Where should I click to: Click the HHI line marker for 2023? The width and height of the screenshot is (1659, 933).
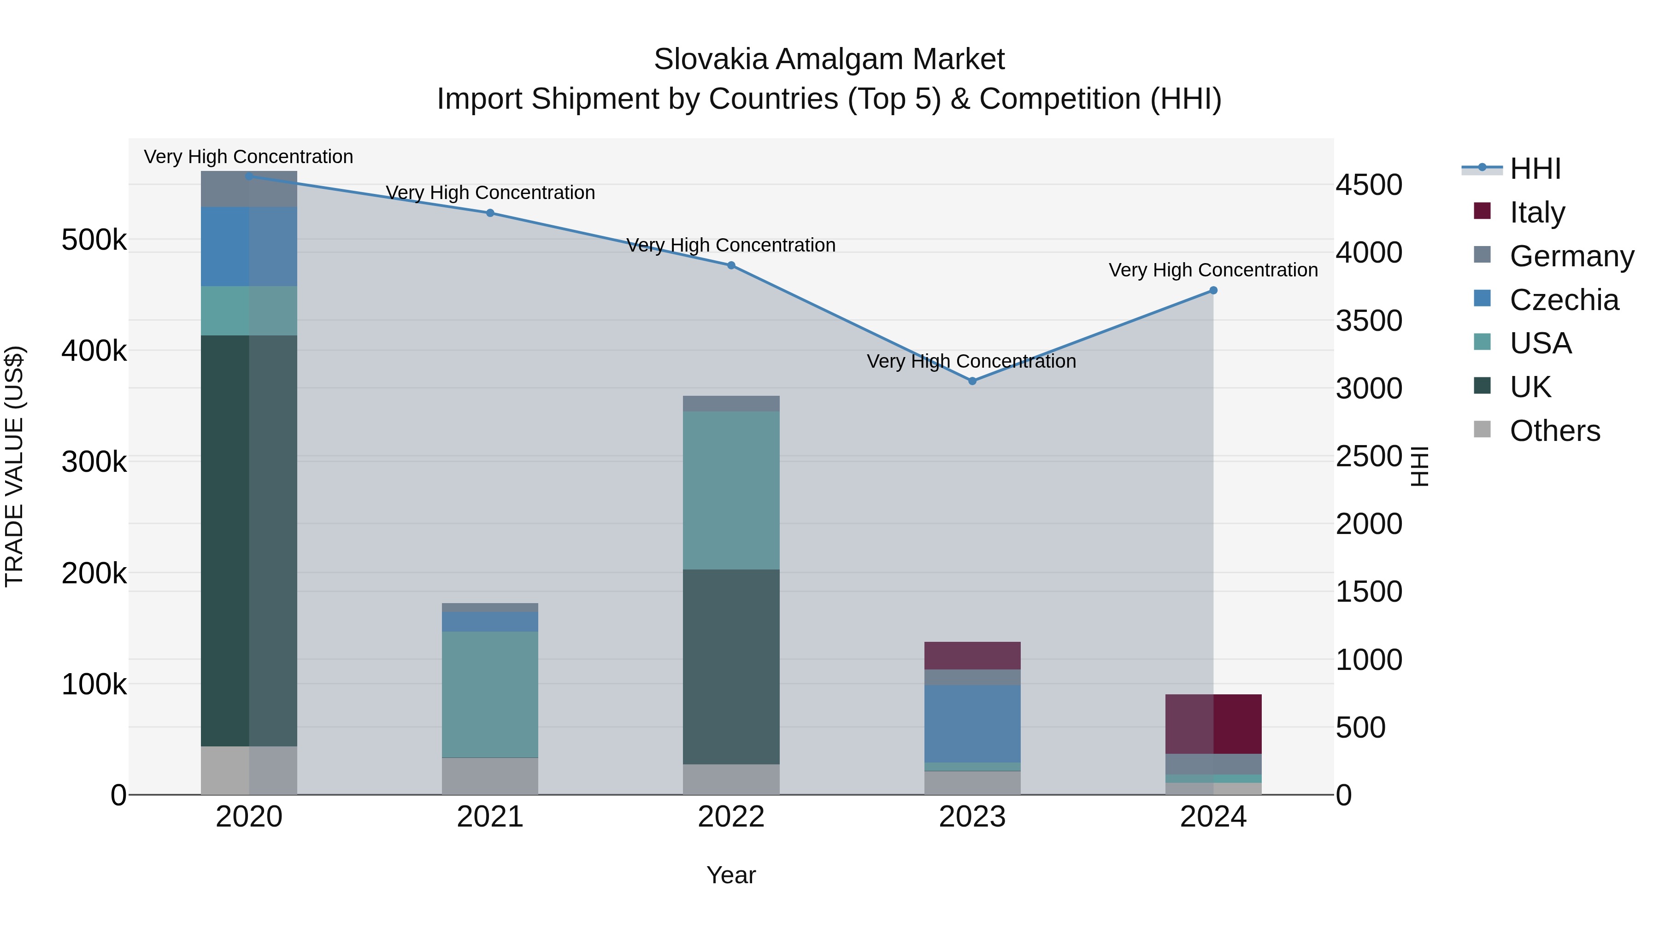pyautogui.click(x=972, y=381)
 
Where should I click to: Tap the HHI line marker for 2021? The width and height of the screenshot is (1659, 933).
pyautogui.click(x=490, y=213)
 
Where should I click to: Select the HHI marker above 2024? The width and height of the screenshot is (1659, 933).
pyautogui.click(x=1213, y=290)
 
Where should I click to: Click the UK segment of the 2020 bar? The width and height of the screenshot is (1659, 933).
pyautogui.click(x=249, y=541)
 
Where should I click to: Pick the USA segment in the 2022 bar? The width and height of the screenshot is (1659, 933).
pyautogui.click(x=731, y=490)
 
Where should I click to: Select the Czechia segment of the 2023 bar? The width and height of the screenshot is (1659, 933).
pyautogui.click(x=972, y=724)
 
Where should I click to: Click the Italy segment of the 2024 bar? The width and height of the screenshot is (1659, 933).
pyautogui.click(x=1213, y=724)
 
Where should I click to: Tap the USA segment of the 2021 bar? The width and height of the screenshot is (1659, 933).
pyautogui.click(x=490, y=694)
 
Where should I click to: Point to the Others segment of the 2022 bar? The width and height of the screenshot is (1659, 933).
pyautogui.click(x=731, y=779)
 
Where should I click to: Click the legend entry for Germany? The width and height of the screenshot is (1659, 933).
pyautogui.click(x=1571, y=256)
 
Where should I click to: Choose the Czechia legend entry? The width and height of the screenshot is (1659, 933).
pyautogui.click(x=1564, y=300)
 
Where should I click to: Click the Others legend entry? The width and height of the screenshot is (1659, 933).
pyautogui.click(x=1555, y=431)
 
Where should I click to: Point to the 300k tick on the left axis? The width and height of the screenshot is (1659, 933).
pyautogui.click(x=94, y=462)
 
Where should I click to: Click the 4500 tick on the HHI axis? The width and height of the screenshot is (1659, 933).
pyautogui.click(x=1369, y=185)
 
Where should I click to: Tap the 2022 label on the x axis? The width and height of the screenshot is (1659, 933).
pyautogui.click(x=731, y=817)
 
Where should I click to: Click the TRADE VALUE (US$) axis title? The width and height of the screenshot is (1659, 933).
pyautogui.click(x=14, y=466)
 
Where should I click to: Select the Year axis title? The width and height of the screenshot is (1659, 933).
pyautogui.click(x=731, y=875)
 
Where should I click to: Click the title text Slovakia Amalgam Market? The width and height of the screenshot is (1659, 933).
pyautogui.click(x=829, y=59)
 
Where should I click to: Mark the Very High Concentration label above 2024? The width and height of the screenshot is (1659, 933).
pyautogui.click(x=1213, y=270)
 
